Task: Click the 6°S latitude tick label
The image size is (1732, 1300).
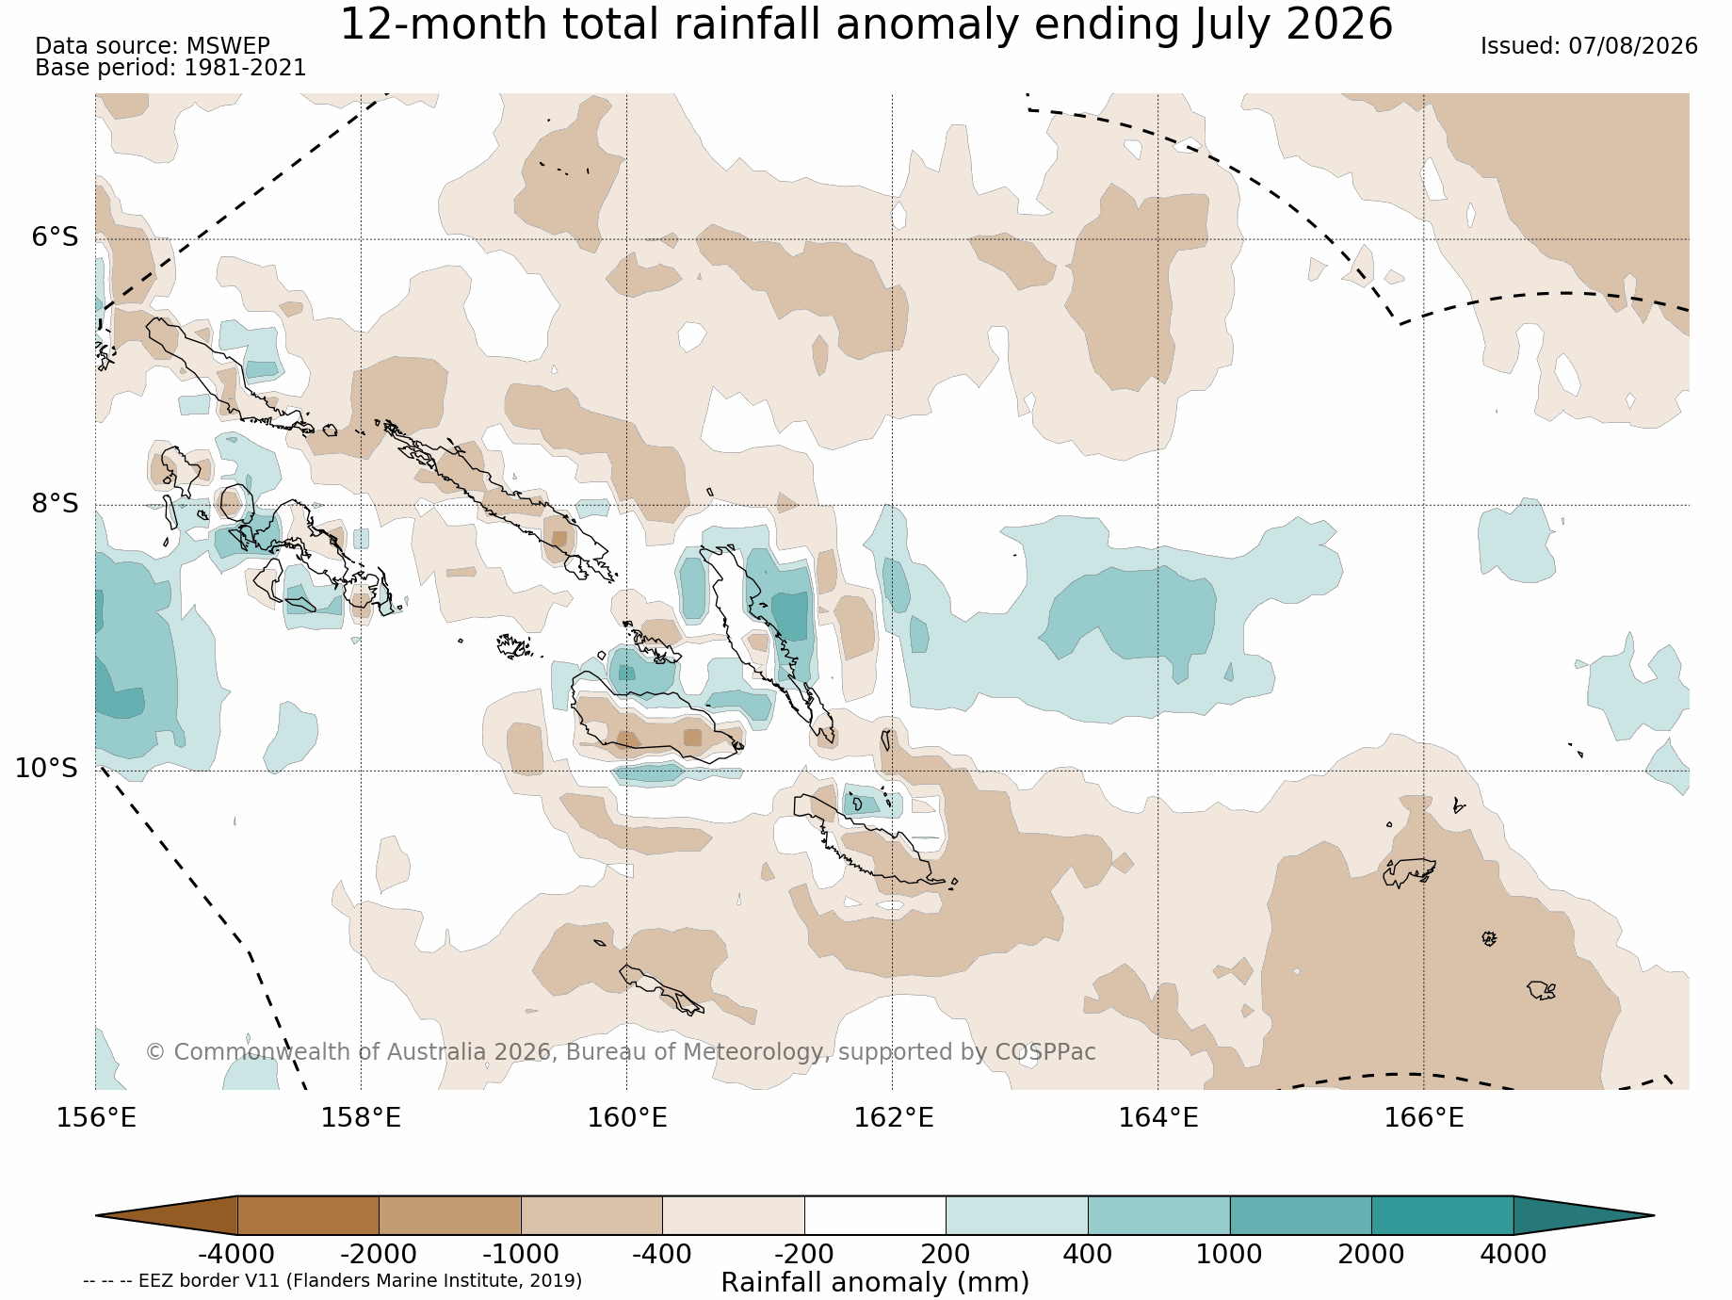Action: tap(56, 237)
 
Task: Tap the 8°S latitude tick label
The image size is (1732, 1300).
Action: tap(56, 503)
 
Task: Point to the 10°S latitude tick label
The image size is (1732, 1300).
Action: tap(47, 769)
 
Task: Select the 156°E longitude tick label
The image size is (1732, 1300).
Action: tap(96, 1118)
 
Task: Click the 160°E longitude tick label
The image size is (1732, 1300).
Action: tap(627, 1118)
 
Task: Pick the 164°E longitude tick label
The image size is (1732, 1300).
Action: tap(1158, 1118)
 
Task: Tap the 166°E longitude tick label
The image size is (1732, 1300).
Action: tap(1424, 1118)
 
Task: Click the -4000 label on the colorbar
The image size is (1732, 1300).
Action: tap(236, 1255)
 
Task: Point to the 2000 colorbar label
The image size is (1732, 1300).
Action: tap(1371, 1255)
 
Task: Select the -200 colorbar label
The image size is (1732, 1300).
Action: tap(803, 1255)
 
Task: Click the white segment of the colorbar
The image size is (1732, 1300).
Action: tap(875, 1215)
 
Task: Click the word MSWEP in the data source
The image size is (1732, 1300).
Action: tap(228, 46)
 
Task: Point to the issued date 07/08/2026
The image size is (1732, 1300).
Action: tap(1632, 46)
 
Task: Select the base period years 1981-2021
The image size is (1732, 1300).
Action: tap(245, 68)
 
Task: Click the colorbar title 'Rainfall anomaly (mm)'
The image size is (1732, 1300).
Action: tap(875, 1282)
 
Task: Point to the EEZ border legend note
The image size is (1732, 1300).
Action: tap(332, 1281)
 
